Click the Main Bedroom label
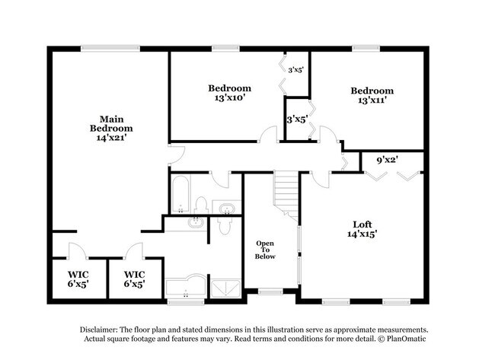(111, 124)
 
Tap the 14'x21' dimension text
(111, 138)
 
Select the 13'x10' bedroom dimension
(230, 97)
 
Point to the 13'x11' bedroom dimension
(372, 100)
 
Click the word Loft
(362, 225)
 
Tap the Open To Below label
(265, 250)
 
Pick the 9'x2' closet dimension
(387, 160)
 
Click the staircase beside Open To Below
(286, 195)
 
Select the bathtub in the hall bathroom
(180, 194)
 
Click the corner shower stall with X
(225, 288)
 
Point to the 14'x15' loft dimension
(362, 234)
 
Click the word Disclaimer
(99, 330)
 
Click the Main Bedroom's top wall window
(110, 49)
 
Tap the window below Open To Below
(270, 292)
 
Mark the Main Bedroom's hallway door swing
(177, 155)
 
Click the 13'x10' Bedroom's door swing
(268, 134)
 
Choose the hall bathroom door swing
(220, 180)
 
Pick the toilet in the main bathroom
(225, 225)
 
